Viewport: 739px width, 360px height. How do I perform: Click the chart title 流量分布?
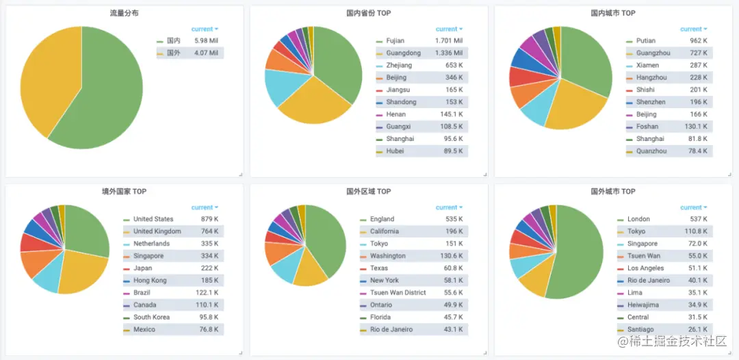(x=124, y=13)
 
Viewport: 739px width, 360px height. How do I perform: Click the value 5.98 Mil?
(x=206, y=41)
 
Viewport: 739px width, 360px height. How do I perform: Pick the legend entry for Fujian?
(x=395, y=41)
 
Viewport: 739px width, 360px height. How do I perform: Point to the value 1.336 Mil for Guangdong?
(x=449, y=53)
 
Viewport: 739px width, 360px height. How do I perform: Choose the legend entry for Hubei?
(x=395, y=151)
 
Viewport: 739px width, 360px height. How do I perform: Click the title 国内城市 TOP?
(x=613, y=13)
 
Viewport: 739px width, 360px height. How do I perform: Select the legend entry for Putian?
(x=645, y=41)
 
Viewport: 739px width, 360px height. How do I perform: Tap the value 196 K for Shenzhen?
(x=698, y=102)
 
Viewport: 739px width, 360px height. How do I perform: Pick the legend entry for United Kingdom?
(x=157, y=231)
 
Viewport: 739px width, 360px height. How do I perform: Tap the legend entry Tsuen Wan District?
(x=398, y=292)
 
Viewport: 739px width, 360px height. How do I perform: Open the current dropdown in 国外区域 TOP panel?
(x=449, y=207)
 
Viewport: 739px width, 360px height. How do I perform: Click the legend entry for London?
(x=638, y=219)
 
